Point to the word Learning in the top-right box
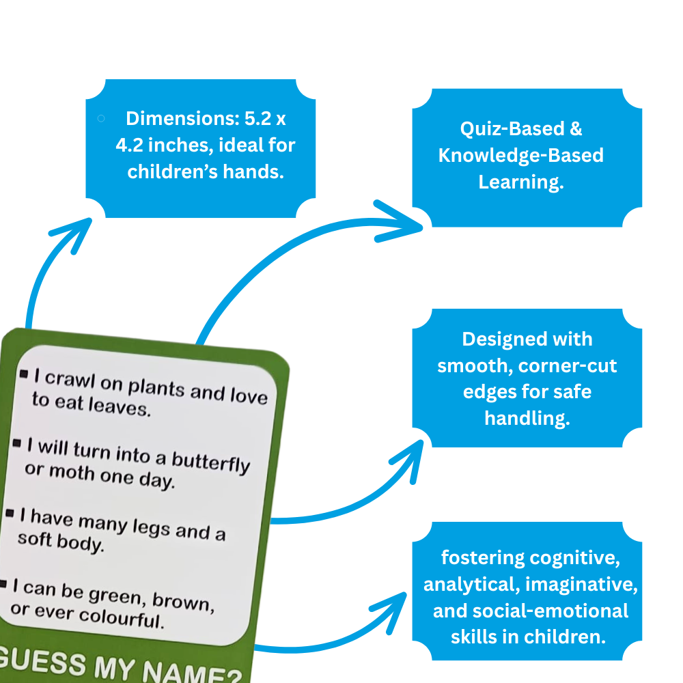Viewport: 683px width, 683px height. tap(520, 182)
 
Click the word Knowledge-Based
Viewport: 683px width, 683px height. tap(520, 156)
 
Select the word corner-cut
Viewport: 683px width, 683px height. tap(568, 366)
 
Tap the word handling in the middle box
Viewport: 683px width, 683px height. tap(527, 419)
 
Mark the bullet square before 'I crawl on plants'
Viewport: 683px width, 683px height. tap(25, 374)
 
